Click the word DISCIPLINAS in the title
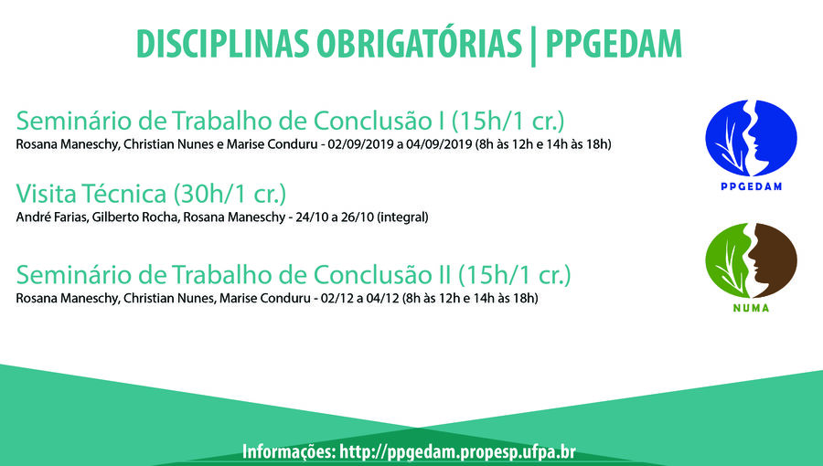pos(222,44)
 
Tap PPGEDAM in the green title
pos(614,44)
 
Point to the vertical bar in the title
pos(533,46)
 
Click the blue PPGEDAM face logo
pos(751,138)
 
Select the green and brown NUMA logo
pos(751,260)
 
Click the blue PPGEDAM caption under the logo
pos(751,186)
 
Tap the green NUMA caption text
pos(751,308)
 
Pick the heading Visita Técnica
pos(91,194)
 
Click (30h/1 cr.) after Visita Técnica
pos(230,194)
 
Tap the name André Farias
pos(51,217)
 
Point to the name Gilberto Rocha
pos(135,217)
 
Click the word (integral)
pos(402,217)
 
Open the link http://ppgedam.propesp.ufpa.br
pos(458,452)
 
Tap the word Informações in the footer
pos(289,452)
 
